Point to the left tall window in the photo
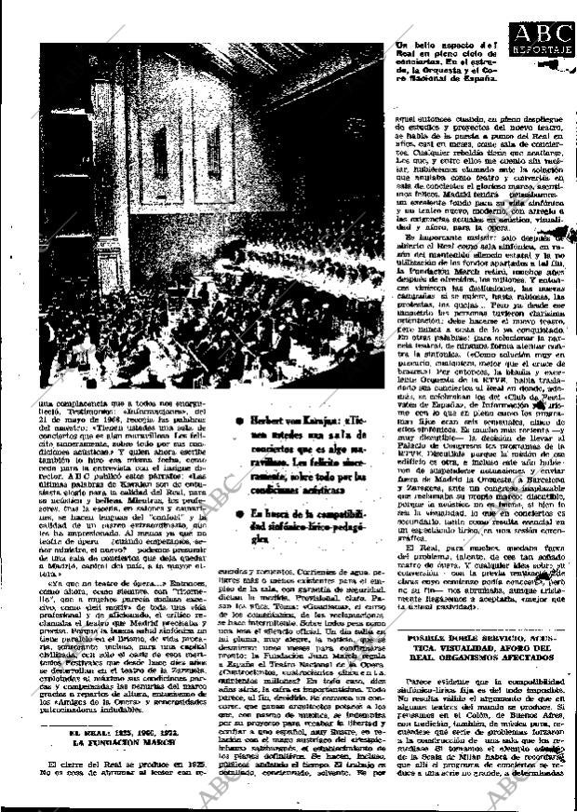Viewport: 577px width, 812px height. click(x=160, y=154)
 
